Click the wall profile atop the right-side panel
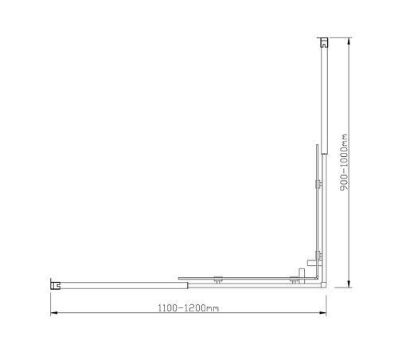coord(323,41)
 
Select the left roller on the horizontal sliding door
coord(217,279)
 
